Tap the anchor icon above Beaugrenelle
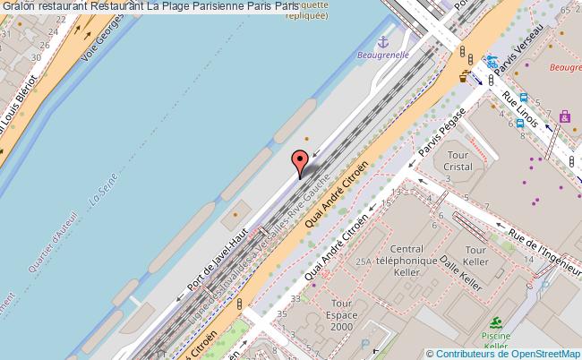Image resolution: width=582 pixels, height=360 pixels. tap(384, 41)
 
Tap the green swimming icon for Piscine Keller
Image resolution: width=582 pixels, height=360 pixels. tap(495, 323)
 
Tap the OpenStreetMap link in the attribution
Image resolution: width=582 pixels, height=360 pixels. tap(537, 353)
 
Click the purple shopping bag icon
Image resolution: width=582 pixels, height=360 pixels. tap(564, 116)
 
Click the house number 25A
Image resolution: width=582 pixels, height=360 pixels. tap(362, 261)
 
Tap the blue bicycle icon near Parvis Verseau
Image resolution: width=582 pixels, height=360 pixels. tap(492, 63)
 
